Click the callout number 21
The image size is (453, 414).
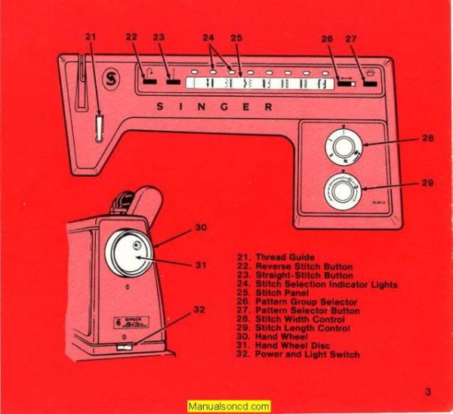pos(91,36)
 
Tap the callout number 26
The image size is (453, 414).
pos(328,39)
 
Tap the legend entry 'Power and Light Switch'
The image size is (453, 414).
pos(307,354)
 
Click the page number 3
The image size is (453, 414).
pos(428,391)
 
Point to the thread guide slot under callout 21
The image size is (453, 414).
pos(98,126)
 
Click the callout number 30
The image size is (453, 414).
pos(201,227)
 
